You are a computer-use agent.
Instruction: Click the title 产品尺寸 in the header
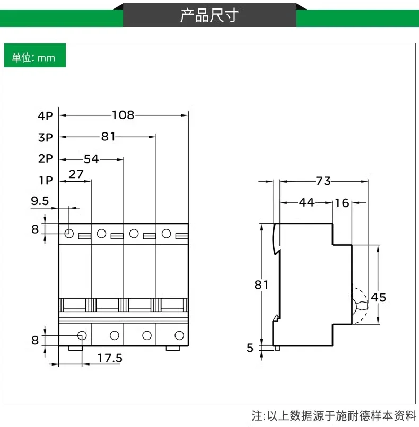pyautogui.click(x=209, y=15)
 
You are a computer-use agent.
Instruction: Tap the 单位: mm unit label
pyautogui.click(x=34, y=58)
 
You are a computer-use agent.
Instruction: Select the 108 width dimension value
pyautogui.click(x=123, y=115)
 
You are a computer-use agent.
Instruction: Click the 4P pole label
pyautogui.click(x=46, y=115)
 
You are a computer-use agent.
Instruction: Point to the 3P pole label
pyautogui.click(x=46, y=137)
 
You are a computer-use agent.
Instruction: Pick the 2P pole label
pyautogui.click(x=46, y=158)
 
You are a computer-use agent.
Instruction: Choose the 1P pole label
pyautogui.click(x=46, y=180)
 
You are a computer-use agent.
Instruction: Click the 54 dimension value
pyautogui.click(x=91, y=158)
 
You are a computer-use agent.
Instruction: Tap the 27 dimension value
pyautogui.click(x=76, y=174)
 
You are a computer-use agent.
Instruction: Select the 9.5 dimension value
pyautogui.click(x=40, y=201)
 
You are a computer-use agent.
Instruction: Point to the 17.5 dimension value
pyautogui.click(x=110, y=358)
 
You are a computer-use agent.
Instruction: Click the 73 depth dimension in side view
pyautogui.click(x=323, y=181)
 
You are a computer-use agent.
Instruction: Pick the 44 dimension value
pyautogui.click(x=306, y=202)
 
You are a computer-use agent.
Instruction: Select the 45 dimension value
pyautogui.click(x=379, y=297)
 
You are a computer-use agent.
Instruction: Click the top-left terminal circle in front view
pyautogui.click(x=69, y=234)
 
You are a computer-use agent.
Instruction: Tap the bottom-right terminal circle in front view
pyautogui.click(x=179, y=335)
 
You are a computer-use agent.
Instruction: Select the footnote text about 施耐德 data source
pyautogui.click(x=334, y=415)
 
